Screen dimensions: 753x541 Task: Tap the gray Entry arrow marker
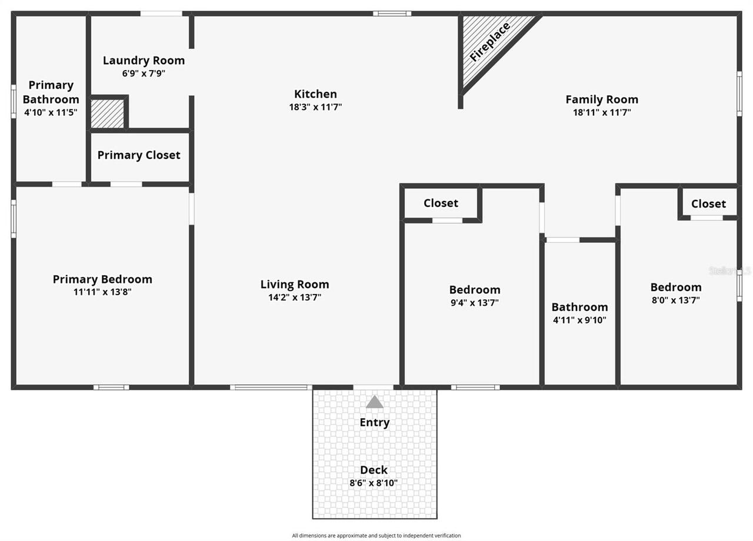(375, 402)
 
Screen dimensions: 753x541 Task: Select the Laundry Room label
(144, 60)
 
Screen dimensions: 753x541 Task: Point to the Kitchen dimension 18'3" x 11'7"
(315, 107)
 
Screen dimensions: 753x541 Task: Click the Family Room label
(601, 99)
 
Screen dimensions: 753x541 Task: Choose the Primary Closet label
(139, 155)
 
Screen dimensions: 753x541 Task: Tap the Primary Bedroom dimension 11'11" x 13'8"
(102, 292)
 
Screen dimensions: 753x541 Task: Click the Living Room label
(294, 285)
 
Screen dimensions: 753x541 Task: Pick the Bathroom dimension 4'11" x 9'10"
(579, 320)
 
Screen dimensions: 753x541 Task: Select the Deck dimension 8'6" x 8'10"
(374, 483)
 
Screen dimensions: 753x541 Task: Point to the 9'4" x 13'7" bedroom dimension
(474, 303)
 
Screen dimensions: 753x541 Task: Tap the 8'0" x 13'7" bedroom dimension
(675, 300)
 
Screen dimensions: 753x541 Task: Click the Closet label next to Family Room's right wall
(708, 203)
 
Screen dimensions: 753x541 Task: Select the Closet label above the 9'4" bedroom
(441, 203)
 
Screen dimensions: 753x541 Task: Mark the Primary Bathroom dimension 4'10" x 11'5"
(51, 112)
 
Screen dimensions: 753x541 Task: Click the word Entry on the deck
(375, 422)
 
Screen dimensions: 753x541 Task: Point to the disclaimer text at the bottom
(376, 536)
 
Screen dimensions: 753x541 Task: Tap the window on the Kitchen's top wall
(392, 14)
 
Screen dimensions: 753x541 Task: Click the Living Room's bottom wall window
(271, 387)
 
